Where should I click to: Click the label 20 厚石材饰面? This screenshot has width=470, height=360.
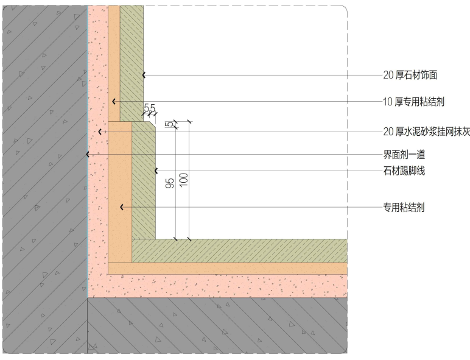coord(410,76)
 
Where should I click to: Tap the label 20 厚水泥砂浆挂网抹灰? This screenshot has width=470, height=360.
coord(426,132)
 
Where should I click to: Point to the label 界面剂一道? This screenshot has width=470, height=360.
coord(403,154)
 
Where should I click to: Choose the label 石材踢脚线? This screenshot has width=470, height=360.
coord(403,171)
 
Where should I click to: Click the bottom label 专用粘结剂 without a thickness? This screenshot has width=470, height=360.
coord(403,208)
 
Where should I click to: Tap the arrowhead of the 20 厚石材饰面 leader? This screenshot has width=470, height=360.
coord(144,76)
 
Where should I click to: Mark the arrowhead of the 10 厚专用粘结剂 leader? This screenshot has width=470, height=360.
coord(114,101)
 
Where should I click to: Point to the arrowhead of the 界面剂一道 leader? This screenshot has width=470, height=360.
coord(88,154)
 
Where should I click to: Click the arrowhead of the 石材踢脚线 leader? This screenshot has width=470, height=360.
coord(156,171)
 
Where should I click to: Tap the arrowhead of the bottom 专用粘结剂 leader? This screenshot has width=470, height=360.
coord(122,208)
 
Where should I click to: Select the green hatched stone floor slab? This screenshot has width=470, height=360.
coord(244,250)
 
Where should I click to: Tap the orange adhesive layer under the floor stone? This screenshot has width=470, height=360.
coord(244,268)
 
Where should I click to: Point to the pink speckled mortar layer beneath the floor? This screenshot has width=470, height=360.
coord(244,285)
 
